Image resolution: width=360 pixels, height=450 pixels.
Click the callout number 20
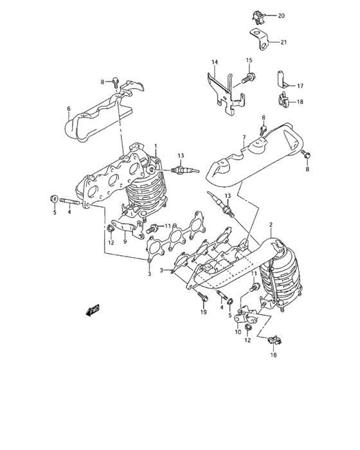[x=280, y=15]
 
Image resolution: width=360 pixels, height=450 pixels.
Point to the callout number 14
[x=215, y=62]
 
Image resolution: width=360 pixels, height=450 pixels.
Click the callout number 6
[x=68, y=109]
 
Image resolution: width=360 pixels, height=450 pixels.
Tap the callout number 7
[x=244, y=137]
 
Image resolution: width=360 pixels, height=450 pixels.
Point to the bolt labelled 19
[x=201, y=298]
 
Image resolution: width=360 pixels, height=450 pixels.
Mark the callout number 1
[x=155, y=147]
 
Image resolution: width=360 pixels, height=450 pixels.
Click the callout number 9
[x=126, y=242]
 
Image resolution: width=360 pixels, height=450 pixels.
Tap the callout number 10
[x=238, y=332]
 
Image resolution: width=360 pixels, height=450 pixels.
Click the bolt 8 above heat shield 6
[x=114, y=82]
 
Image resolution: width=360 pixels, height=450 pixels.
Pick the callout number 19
[x=203, y=312]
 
